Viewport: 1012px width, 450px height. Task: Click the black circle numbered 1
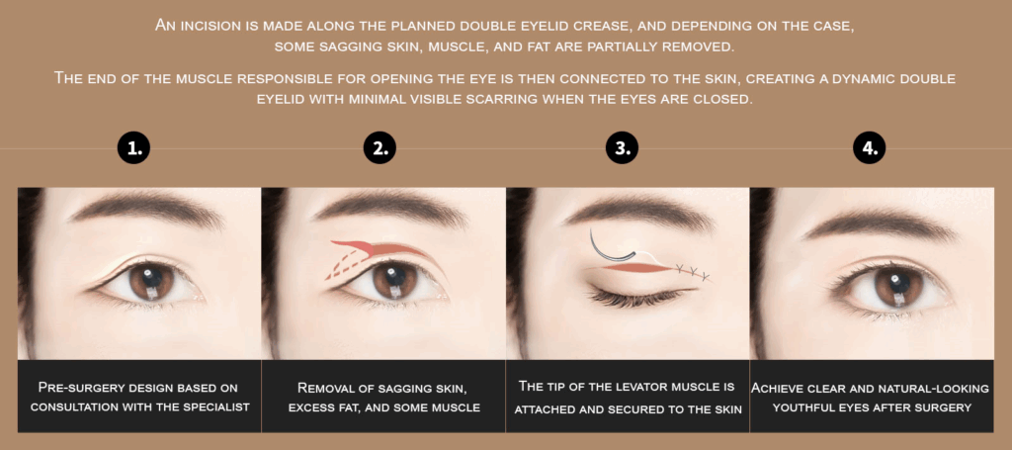point(133,148)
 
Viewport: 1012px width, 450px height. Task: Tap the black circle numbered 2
point(379,148)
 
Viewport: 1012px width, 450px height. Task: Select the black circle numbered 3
point(622,148)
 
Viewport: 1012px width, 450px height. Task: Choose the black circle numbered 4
point(870,148)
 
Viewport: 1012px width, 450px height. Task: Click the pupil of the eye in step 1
point(149,278)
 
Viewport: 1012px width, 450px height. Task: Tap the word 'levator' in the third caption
point(648,388)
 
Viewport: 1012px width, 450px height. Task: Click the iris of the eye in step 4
point(896,287)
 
